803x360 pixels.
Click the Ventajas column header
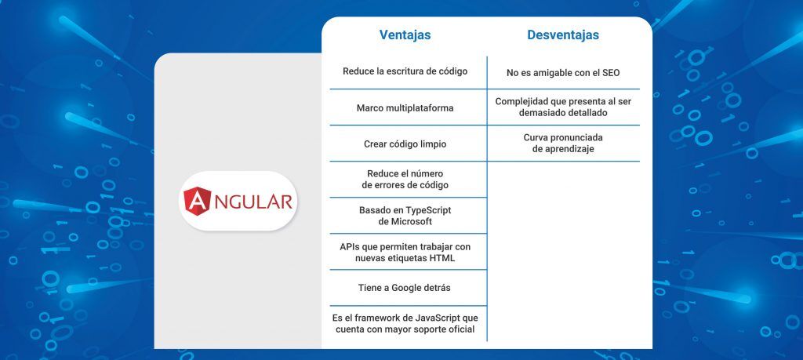tap(405, 35)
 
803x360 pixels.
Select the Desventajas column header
tap(563, 35)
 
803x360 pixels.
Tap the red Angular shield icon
tap(197, 202)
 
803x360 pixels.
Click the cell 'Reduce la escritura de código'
tap(405, 71)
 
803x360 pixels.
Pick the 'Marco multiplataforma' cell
tap(405, 108)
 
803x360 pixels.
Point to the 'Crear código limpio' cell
tap(405, 144)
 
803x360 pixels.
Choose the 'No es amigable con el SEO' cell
tap(563, 73)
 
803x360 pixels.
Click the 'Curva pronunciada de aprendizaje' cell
tap(563, 144)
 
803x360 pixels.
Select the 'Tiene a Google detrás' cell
tap(405, 288)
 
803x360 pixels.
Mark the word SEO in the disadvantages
tap(610, 73)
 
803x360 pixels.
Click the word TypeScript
tap(429, 210)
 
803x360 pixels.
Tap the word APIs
tap(349, 247)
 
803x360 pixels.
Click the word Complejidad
tap(519, 101)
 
